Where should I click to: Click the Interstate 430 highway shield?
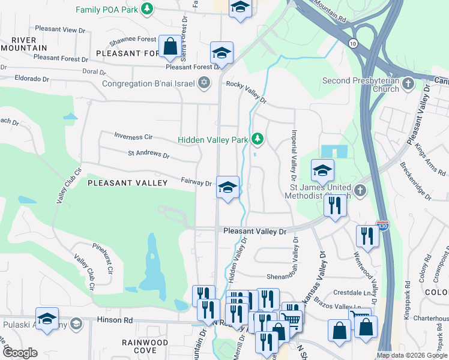pyautogui.click(x=382, y=226)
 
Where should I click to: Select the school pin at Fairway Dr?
pyautogui.click(x=228, y=187)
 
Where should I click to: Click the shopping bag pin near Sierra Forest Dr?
pyautogui.click(x=170, y=46)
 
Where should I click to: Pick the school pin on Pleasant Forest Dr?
pyautogui.click(x=221, y=53)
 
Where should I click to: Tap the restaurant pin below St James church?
pyautogui.click(x=334, y=205)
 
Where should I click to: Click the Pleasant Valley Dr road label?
pyautogui.click(x=256, y=231)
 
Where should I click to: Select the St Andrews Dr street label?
pyautogui.click(x=148, y=154)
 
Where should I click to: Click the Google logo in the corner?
pyautogui.click(x=19, y=353)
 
